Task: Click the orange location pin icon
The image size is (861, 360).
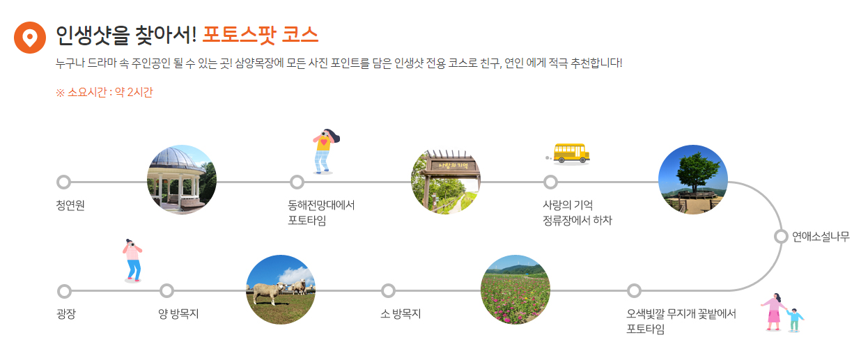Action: (29, 37)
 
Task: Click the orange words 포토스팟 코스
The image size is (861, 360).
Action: (261, 33)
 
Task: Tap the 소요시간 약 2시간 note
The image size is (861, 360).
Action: (104, 93)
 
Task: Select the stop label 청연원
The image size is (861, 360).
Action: (70, 205)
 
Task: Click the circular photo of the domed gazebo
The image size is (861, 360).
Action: (182, 180)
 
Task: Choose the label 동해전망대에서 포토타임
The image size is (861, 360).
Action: (321, 212)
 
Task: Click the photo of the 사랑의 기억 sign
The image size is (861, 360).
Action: (446, 181)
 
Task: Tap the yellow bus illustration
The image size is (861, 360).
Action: (570, 154)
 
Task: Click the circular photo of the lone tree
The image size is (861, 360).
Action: (693, 180)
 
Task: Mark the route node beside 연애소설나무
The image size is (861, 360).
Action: (780, 236)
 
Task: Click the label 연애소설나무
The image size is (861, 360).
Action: (821, 236)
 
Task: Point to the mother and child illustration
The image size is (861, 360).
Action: (781, 312)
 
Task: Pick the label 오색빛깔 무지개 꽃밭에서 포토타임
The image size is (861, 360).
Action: (681, 321)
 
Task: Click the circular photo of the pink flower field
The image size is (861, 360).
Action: (515, 290)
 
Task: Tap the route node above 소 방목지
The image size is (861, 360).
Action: (389, 290)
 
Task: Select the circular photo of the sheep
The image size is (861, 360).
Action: (281, 290)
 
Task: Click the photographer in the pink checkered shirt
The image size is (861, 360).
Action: (132, 260)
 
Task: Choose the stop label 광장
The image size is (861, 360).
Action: (66, 314)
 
